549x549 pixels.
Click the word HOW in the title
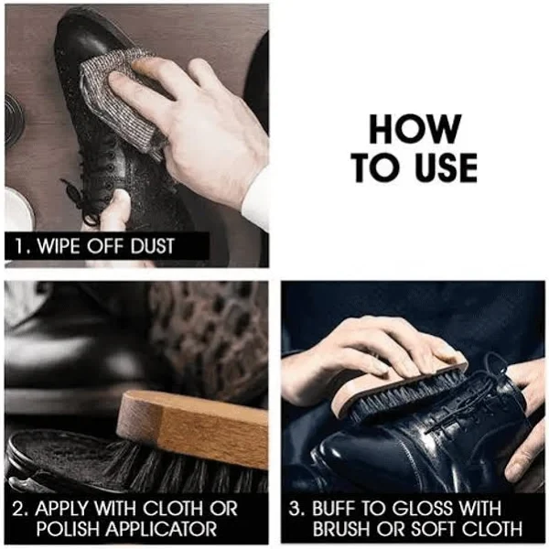[x=414, y=129]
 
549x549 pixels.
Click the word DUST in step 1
[x=152, y=246]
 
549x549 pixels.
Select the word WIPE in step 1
[x=59, y=246]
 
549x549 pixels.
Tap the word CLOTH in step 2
[x=174, y=509]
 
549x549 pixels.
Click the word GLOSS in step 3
[x=421, y=509]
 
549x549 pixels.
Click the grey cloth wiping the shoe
[x=119, y=98]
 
